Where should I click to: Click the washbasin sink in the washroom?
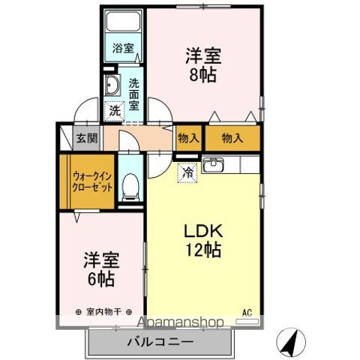tap(112, 84)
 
